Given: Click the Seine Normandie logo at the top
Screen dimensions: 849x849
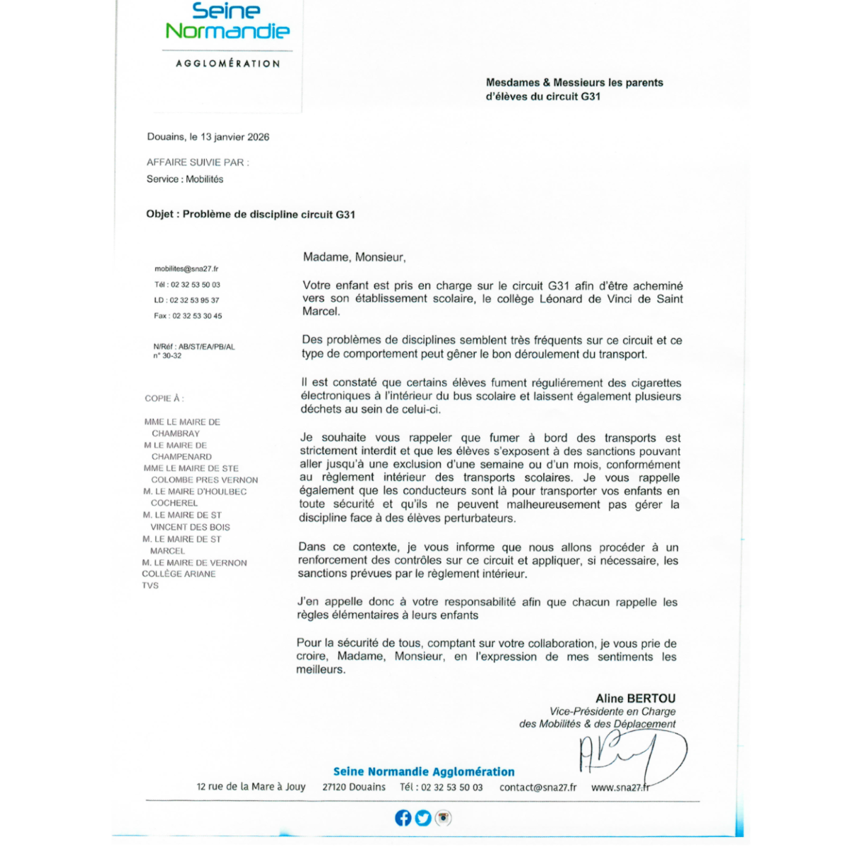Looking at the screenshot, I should (227, 22).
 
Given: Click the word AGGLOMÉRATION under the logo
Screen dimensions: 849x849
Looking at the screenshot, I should (227, 64).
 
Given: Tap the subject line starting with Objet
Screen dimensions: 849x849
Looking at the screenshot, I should (250, 214).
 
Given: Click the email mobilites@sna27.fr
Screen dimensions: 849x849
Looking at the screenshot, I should (186, 269).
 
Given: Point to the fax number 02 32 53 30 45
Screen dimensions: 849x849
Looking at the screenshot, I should (197, 316).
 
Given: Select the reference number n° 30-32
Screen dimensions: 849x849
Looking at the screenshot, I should (167, 356).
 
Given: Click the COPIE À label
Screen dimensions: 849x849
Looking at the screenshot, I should (164, 398).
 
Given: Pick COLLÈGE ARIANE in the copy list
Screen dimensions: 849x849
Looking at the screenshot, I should (179, 574).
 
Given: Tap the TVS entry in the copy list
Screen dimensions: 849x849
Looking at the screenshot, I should (150, 586).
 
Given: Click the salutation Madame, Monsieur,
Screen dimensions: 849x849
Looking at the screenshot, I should (355, 257).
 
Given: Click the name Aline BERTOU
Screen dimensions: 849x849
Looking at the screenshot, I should (635, 699).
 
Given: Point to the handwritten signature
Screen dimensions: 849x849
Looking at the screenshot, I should (629, 755).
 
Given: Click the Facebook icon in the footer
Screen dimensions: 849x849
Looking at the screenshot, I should (403, 818).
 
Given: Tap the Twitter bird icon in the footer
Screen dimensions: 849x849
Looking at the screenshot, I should (423, 818).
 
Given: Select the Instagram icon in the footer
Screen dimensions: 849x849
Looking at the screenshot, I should (444, 818).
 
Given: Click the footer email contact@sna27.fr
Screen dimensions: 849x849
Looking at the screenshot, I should (538, 788).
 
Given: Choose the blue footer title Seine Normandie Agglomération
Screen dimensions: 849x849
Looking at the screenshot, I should (424, 772).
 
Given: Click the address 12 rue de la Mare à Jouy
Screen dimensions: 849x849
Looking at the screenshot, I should (251, 787).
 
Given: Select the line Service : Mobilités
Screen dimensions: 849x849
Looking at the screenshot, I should (185, 179).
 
